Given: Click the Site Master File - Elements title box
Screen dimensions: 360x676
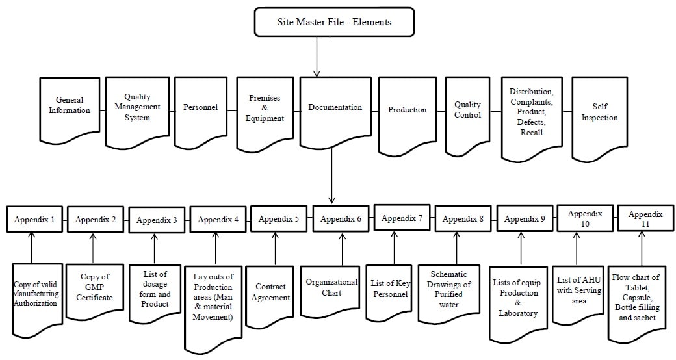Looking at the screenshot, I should [334, 22].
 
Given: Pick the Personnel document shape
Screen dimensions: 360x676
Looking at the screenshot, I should [200, 108].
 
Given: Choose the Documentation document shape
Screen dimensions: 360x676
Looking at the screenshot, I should [334, 108].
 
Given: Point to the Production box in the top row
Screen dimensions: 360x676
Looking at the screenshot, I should [407, 110].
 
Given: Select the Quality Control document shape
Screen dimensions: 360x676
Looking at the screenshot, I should [467, 110].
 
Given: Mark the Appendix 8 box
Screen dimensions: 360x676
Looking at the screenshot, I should [463, 219].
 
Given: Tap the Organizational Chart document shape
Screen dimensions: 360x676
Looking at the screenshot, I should [331, 287].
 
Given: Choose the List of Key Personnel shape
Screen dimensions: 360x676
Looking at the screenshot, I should [390, 289].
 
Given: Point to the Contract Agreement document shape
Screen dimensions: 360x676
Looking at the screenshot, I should [272, 292].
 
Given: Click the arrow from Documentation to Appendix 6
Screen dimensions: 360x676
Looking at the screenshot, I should [331, 175].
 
